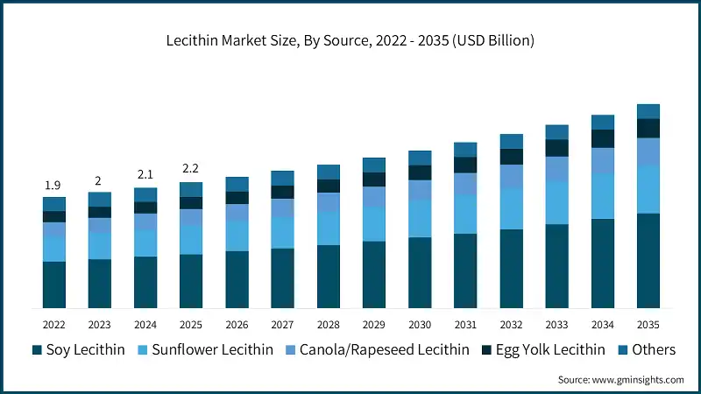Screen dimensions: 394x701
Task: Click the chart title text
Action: (350, 40)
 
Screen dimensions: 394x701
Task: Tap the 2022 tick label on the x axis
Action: (54, 324)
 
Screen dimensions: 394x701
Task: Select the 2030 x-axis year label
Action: (420, 324)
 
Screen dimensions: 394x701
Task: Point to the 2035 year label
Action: (648, 324)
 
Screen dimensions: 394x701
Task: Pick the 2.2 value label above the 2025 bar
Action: (191, 168)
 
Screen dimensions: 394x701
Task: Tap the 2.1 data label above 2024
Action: (145, 174)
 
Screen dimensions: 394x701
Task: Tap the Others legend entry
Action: (653, 350)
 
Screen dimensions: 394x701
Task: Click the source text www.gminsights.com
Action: (620, 380)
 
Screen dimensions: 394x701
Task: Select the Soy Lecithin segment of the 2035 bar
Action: (648, 260)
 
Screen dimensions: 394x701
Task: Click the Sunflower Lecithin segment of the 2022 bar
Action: (54, 249)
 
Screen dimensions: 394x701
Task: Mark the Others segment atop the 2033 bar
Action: (556, 132)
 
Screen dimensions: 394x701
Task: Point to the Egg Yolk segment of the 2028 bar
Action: (329, 186)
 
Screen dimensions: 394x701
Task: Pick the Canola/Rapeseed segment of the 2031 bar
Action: (465, 183)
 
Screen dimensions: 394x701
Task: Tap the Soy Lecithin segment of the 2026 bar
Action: (237, 279)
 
